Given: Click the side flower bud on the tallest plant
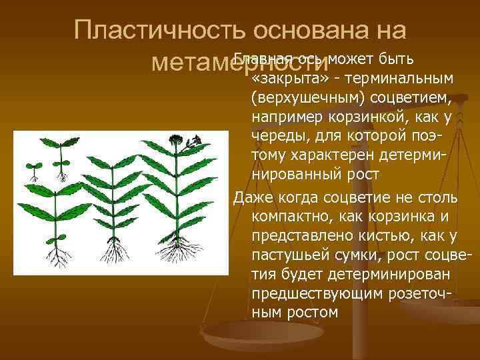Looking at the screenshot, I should pyautogui.click(x=195, y=142).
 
